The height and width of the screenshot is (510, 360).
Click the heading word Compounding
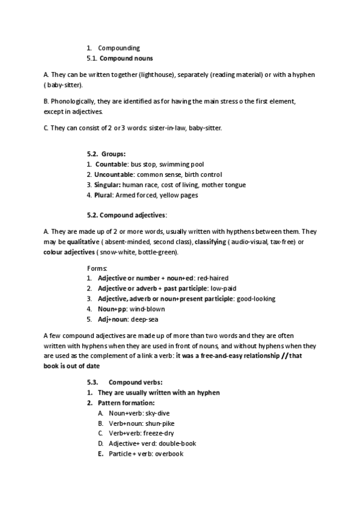[x=119, y=48]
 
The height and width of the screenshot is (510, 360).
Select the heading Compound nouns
[x=126, y=58]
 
